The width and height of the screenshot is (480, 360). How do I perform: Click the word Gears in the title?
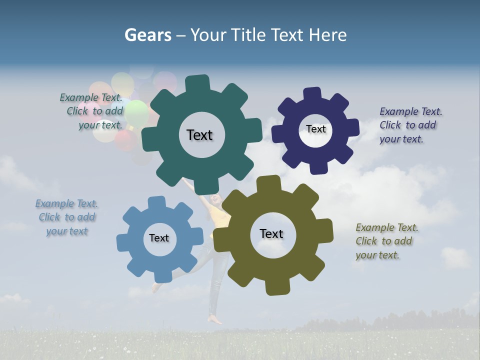[148, 34]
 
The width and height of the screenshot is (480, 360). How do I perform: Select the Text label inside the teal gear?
[199, 135]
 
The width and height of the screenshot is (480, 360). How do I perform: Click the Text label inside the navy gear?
[315, 129]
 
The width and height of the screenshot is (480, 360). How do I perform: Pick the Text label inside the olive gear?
[271, 233]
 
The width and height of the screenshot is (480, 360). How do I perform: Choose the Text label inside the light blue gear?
[159, 238]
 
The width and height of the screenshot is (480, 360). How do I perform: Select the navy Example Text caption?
[410, 125]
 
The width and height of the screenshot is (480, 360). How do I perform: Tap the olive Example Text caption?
[386, 241]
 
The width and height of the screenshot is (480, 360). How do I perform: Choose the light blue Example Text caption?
[66, 217]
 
